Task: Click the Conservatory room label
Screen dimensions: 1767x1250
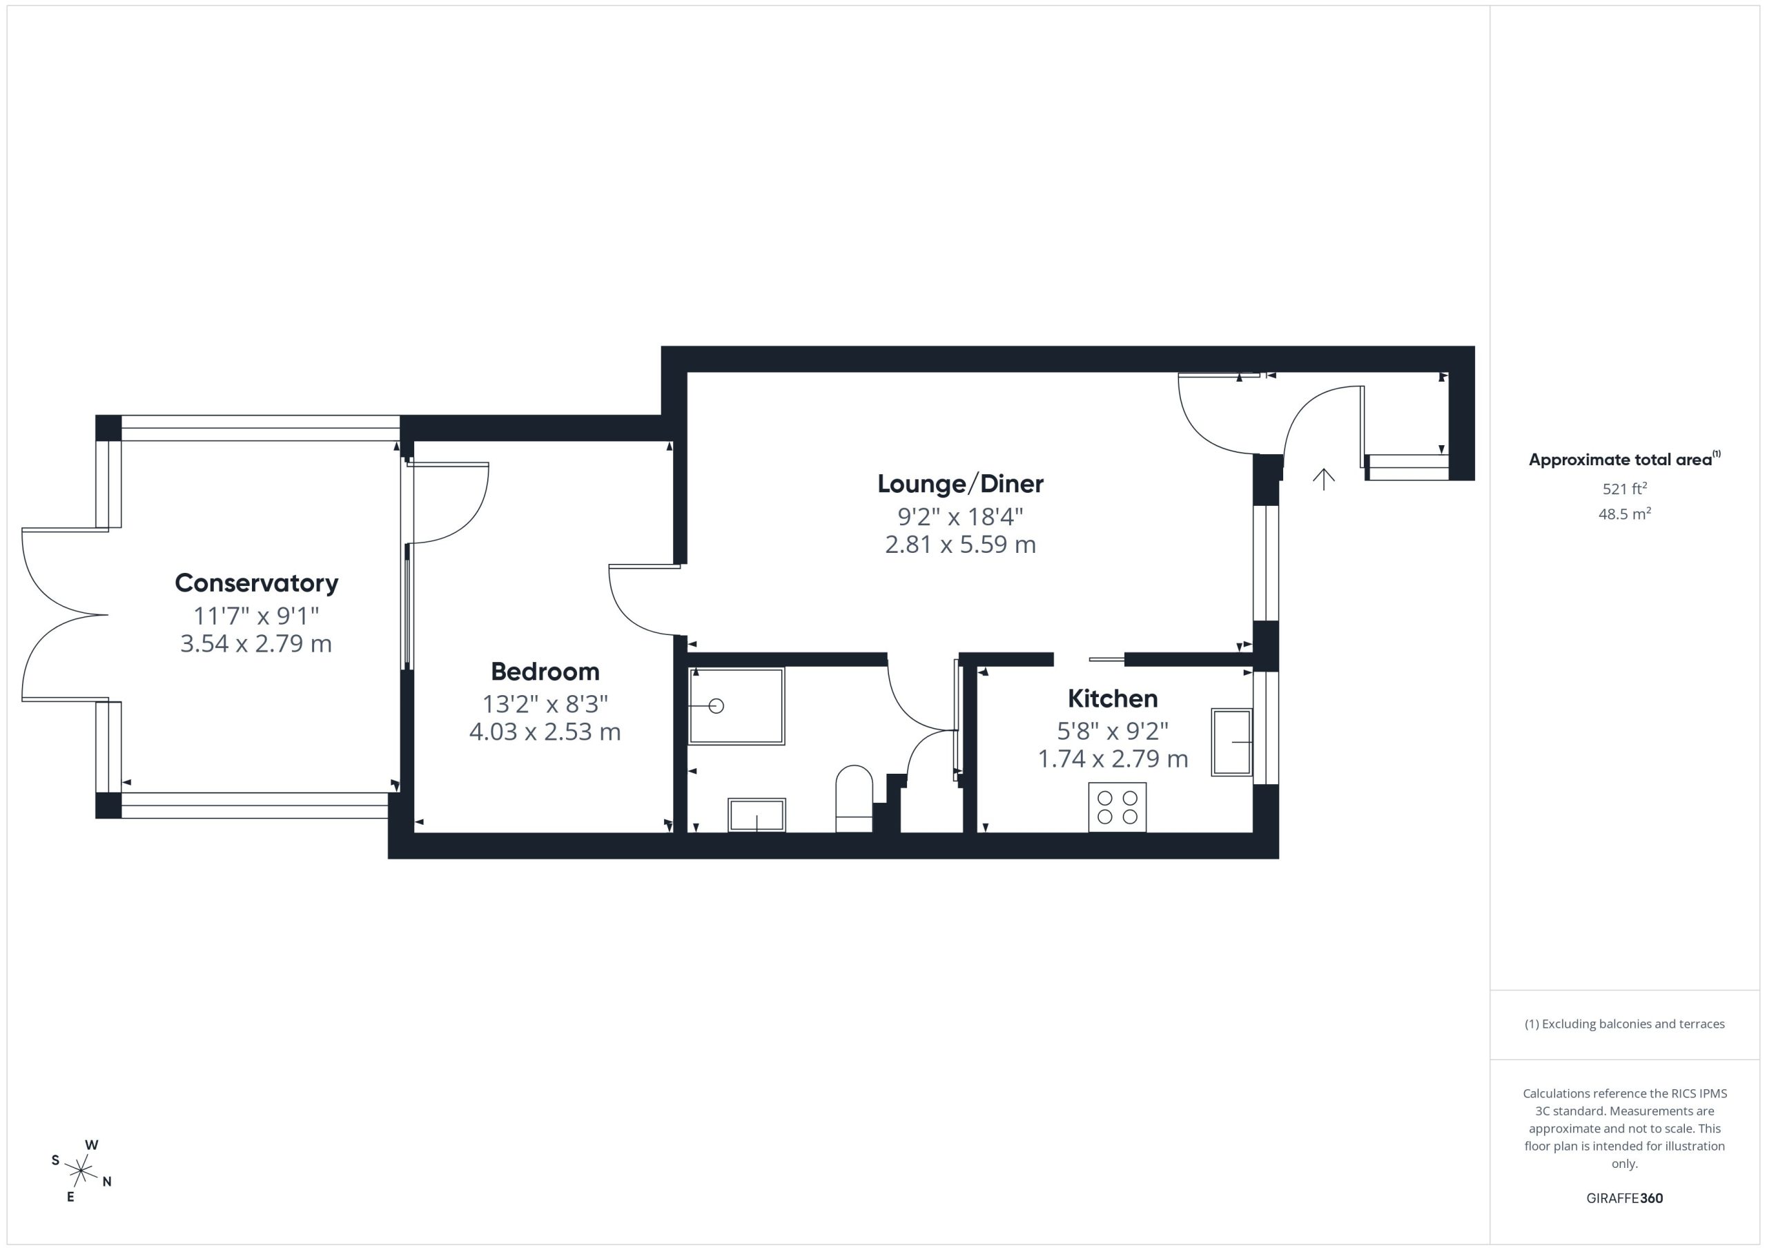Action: click(256, 583)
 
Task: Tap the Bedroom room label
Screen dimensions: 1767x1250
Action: click(545, 672)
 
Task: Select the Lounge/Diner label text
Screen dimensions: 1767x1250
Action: click(960, 484)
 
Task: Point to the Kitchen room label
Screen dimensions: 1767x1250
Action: click(1113, 699)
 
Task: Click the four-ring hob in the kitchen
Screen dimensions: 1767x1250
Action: click(1117, 808)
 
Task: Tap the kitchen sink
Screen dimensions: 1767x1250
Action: click(1232, 742)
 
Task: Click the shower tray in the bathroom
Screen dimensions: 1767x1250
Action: click(736, 706)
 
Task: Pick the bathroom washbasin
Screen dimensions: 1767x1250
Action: click(756, 814)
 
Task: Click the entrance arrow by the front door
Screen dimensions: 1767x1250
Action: click(1324, 479)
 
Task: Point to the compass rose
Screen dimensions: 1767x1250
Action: click(81, 1171)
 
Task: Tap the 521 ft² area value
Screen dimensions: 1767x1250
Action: click(1625, 489)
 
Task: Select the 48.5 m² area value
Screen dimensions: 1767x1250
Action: click(1625, 514)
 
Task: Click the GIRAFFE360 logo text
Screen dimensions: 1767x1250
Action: click(1625, 1198)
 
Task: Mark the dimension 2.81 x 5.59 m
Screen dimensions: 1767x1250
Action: click(960, 544)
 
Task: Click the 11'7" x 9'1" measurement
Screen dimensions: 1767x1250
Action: click(256, 616)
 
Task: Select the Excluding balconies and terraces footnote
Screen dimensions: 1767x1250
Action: click(1625, 1024)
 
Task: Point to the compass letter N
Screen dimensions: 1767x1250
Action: click(107, 1182)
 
